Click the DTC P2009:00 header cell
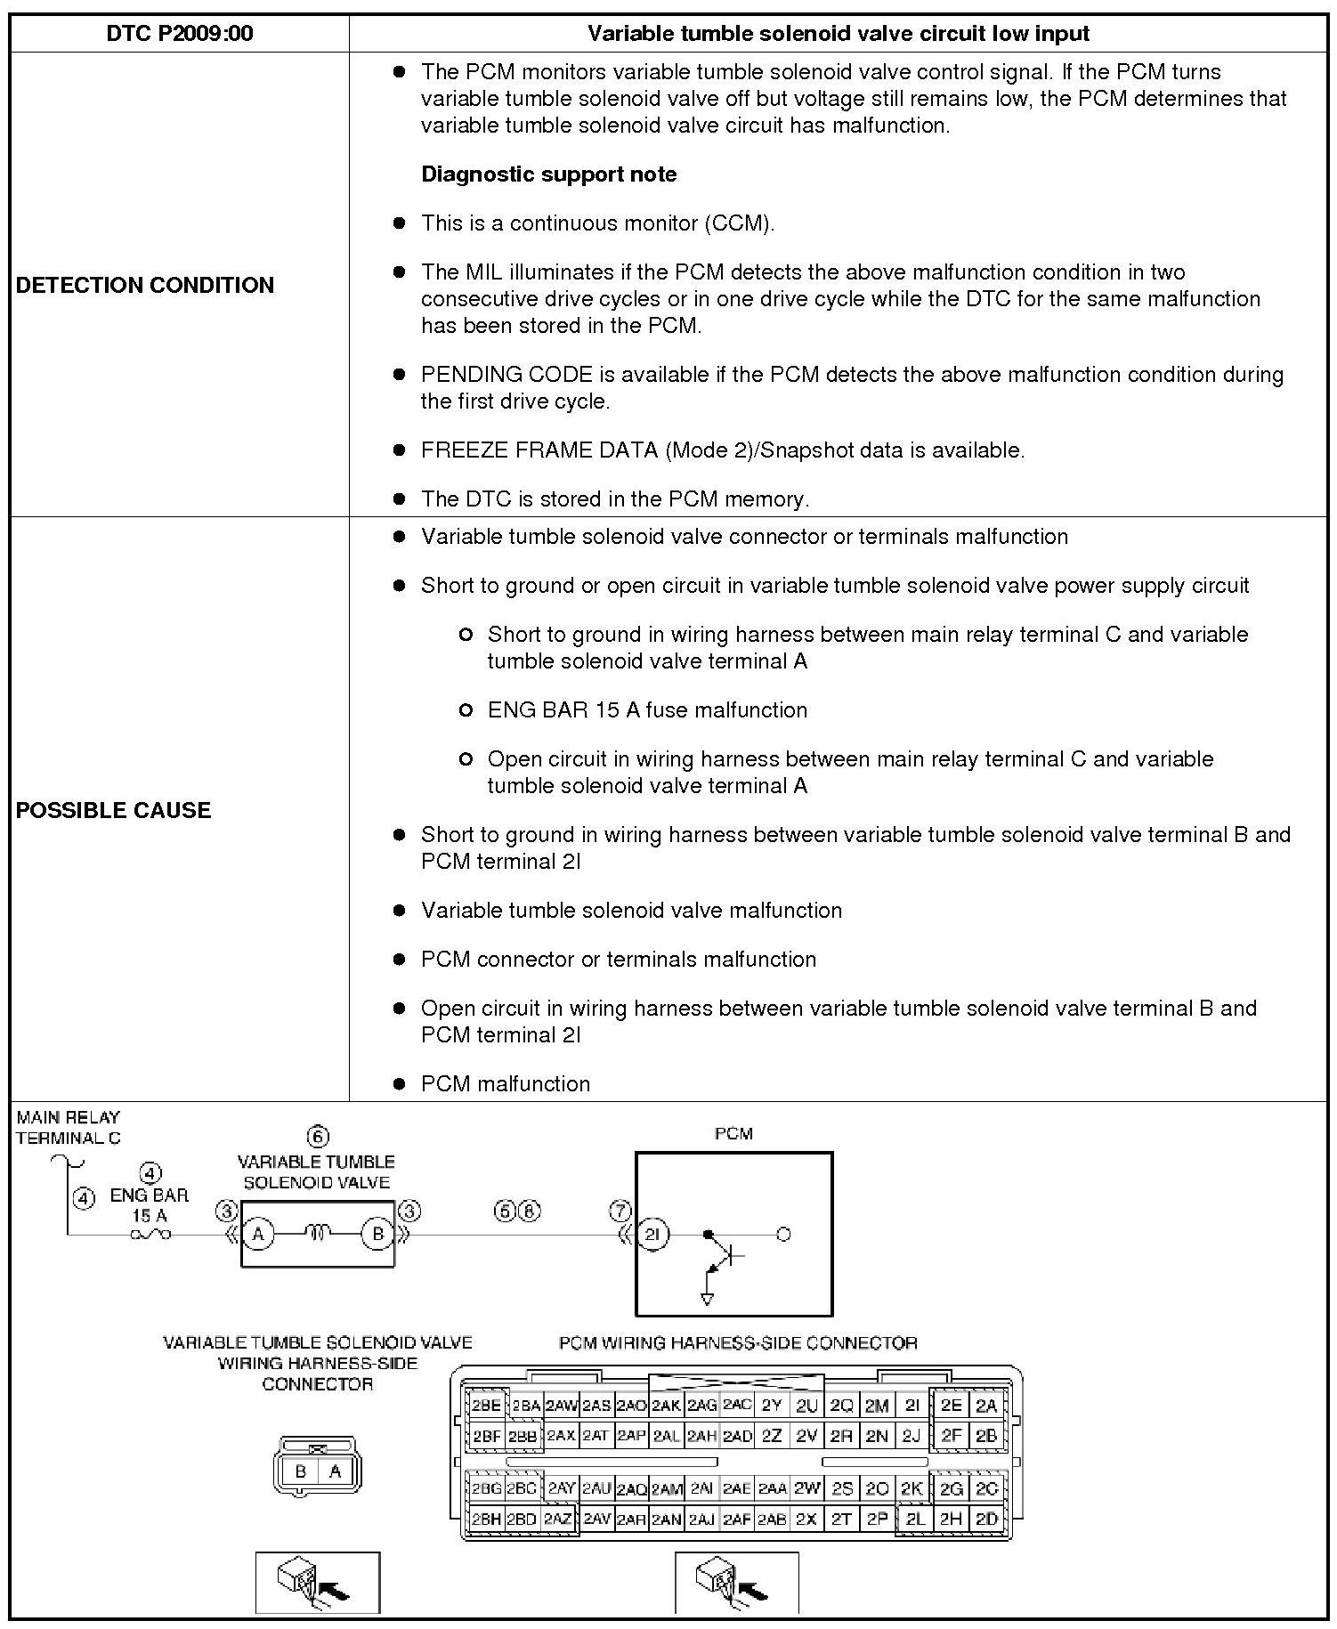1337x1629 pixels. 179,34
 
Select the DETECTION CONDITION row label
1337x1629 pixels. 145,285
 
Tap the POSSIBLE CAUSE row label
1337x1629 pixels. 114,810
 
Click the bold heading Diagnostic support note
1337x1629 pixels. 548,174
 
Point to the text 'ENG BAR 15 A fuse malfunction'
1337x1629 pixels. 647,710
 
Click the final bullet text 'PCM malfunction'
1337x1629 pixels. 506,1084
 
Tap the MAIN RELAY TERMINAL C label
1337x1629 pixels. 68,1127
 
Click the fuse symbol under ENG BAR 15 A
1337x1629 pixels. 150,1235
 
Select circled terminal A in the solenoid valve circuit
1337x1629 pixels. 258,1235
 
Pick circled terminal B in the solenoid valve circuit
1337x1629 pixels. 377,1235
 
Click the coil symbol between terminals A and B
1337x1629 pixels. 318,1233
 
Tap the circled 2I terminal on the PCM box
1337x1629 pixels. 652,1235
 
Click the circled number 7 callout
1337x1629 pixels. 620,1211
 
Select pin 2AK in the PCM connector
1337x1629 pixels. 666,1406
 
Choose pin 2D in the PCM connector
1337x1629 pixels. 986,1520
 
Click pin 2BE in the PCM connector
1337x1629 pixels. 486,1406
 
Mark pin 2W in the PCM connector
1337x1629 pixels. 806,1488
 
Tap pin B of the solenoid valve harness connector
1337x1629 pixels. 301,1471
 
